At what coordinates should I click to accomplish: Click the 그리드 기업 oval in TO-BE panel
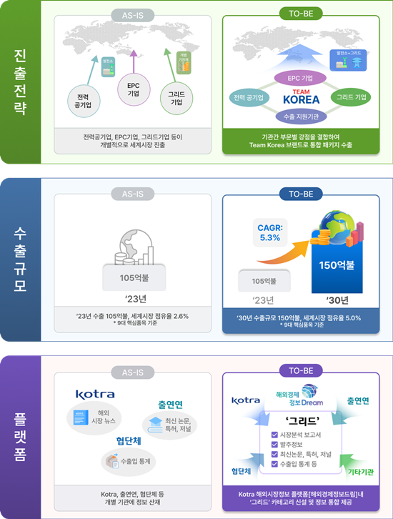point(351,97)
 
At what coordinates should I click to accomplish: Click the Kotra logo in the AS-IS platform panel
point(94,393)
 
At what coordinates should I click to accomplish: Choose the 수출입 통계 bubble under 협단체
point(127,461)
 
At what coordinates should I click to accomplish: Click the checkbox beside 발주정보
point(265,443)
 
